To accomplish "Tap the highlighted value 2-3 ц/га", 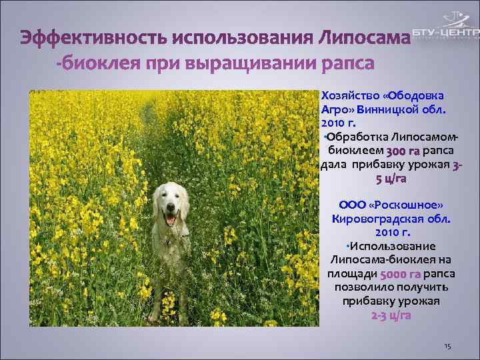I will click(x=391, y=315).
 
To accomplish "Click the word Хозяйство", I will click(x=350, y=95).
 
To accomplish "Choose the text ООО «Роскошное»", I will click(x=391, y=205).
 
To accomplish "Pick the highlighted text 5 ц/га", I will click(x=391, y=179).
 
